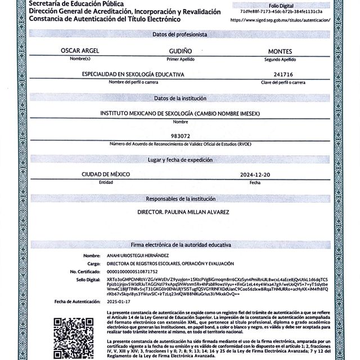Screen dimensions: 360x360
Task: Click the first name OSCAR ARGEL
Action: tap(80, 51)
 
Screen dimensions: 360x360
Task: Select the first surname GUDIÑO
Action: tap(180, 51)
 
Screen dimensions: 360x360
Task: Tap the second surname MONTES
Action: tap(280, 51)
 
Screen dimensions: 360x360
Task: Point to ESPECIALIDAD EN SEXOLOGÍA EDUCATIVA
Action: tap(133, 74)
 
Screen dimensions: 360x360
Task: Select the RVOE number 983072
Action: tap(180, 136)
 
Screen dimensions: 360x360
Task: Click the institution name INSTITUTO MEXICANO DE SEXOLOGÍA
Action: tap(180, 113)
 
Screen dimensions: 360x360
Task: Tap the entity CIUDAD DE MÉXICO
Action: tap(106, 175)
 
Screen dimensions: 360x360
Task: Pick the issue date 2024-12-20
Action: tap(255, 175)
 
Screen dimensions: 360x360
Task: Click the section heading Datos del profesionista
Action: tap(180, 34)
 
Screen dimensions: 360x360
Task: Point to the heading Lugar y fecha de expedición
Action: tap(180, 160)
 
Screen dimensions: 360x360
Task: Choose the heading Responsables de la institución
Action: tap(180, 199)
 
